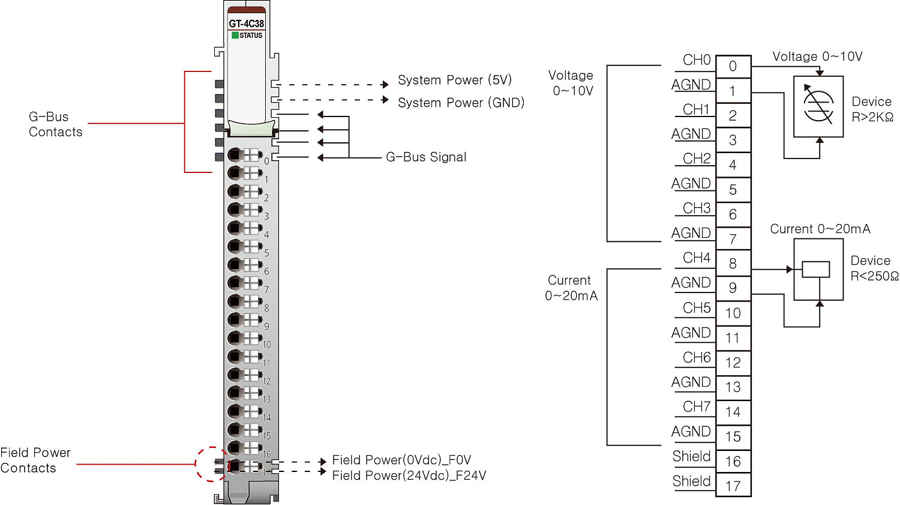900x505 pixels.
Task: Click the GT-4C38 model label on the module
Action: (x=246, y=23)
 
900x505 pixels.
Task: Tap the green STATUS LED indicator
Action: (x=235, y=35)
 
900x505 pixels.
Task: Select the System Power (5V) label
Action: (x=454, y=80)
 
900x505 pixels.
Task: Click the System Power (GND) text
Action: (x=461, y=103)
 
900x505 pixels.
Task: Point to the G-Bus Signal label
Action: (x=426, y=157)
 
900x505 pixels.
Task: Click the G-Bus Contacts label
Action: (x=55, y=124)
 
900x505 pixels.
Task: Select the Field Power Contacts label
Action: (x=35, y=461)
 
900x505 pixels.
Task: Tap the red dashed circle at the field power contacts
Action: (x=211, y=464)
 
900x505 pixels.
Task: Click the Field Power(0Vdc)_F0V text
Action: (x=401, y=460)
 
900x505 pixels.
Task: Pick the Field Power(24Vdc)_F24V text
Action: (x=409, y=476)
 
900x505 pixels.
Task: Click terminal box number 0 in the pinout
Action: (x=733, y=66)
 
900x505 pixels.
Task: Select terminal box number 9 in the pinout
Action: (x=733, y=288)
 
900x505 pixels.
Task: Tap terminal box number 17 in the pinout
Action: (x=733, y=486)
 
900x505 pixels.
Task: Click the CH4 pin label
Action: (x=696, y=258)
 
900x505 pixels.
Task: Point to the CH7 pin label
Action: (x=696, y=407)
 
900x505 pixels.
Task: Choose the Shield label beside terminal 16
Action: (x=691, y=456)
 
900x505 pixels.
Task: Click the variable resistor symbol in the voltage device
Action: (x=818, y=106)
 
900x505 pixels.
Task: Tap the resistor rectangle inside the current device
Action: (x=816, y=270)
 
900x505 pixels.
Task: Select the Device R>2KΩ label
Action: (x=872, y=109)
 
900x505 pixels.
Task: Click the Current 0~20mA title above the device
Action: (x=820, y=229)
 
